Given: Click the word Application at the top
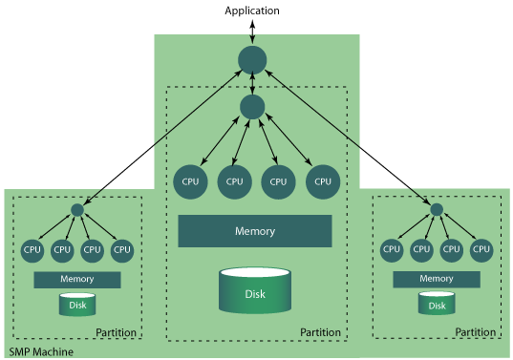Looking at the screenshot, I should [x=252, y=11].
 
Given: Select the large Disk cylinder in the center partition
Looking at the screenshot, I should [x=255, y=290].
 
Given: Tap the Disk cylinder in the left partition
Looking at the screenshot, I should [x=76, y=306].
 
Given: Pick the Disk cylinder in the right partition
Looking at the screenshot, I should [x=436, y=305].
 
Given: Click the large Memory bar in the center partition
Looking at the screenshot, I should [x=255, y=231].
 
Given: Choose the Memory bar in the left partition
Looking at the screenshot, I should [x=76, y=280].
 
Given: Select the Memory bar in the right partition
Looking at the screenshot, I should [x=436, y=280].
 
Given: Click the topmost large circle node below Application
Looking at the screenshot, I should [x=252, y=60].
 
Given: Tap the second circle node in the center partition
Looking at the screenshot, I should [x=252, y=106].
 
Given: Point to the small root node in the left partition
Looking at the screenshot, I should [x=77, y=210].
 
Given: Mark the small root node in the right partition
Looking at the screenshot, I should [x=437, y=209].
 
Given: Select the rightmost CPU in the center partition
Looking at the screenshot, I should [x=323, y=180].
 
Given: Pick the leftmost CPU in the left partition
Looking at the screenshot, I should [x=32, y=250].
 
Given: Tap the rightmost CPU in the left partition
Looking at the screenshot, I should [x=121, y=250].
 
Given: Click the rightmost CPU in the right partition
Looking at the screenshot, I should [x=481, y=250].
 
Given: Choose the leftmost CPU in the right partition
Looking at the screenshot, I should [x=392, y=250].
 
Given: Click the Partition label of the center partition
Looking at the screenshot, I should [x=320, y=332].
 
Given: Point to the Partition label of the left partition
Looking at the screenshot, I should [x=117, y=332].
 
